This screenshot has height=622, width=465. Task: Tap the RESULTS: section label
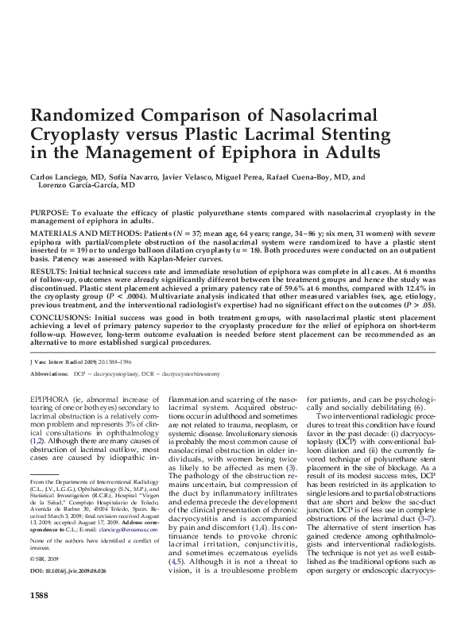pyautogui.click(x=45, y=270)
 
